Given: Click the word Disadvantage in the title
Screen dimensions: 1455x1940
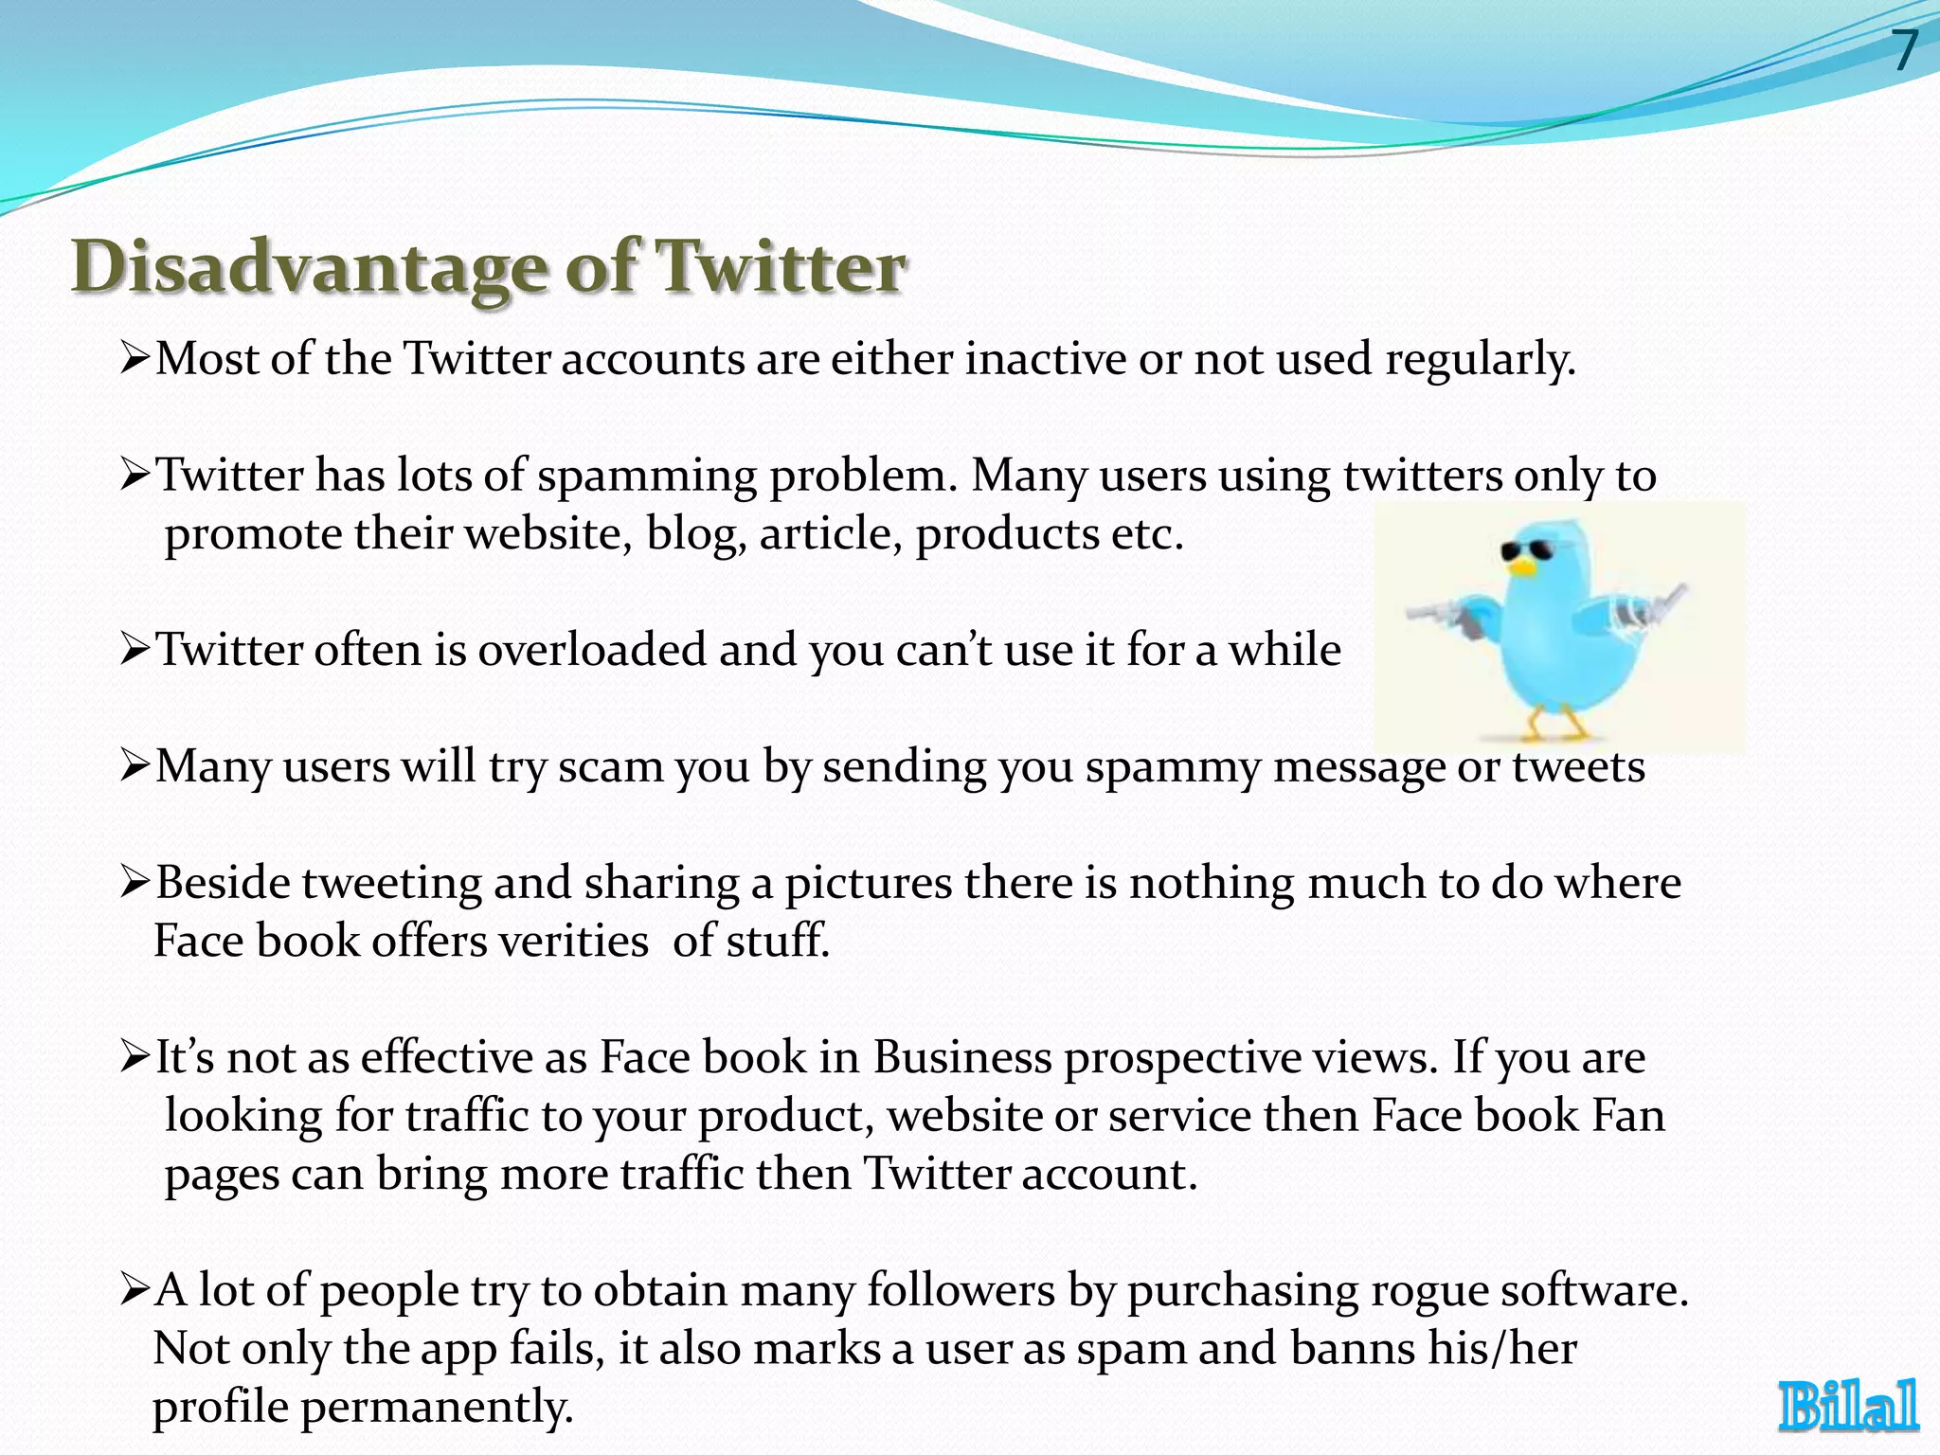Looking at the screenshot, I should pos(309,268).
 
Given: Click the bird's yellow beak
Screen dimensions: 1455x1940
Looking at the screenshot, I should pos(1522,568).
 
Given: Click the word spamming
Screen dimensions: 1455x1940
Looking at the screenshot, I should pos(647,476).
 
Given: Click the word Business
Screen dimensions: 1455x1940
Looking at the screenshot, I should pos(961,1057).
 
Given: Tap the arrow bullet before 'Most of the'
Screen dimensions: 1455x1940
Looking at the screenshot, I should pos(135,360).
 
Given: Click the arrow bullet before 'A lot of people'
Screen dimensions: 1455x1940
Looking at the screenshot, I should pos(135,1290).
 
